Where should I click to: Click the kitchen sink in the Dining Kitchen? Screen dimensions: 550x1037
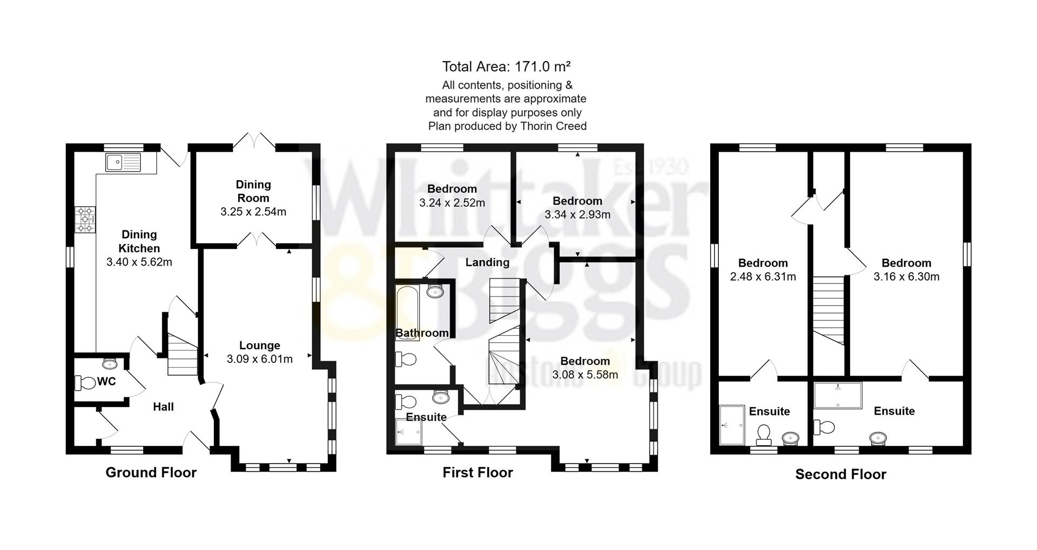click(123, 162)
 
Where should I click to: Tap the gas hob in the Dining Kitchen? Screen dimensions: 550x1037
click(85, 220)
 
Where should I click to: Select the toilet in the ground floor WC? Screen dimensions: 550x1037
click(85, 383)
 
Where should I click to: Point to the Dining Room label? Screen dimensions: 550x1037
click(253, 191)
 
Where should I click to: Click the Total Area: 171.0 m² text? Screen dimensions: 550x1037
click(506, 66)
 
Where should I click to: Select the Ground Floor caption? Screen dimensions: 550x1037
click(151, 472)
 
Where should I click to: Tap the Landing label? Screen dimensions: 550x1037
click(487, 262)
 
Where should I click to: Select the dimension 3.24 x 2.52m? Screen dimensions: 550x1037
click(452, 203)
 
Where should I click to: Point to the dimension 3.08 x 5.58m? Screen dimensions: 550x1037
click(585, 375)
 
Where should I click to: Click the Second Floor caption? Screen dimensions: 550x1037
click(840, 474)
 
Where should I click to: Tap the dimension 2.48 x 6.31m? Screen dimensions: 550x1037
click(763, 277)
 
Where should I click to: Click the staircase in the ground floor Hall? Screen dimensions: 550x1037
click(182, 355)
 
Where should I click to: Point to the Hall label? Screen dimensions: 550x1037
click(163, 407)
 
